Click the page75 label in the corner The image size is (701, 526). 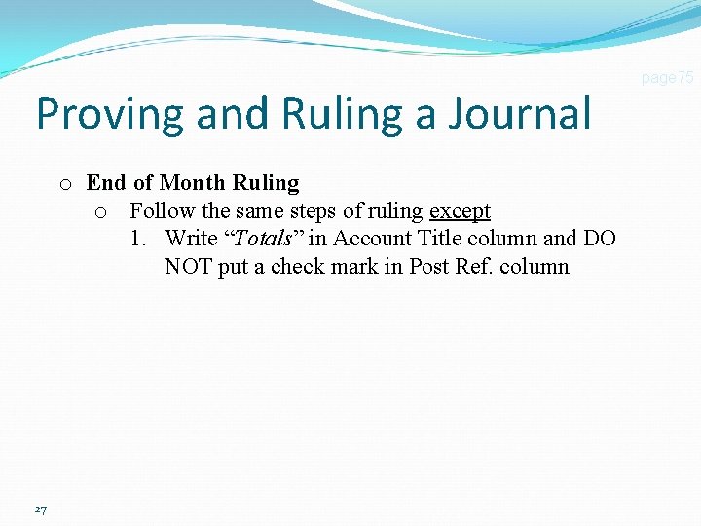pos(667,77)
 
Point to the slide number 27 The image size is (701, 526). pos(40,509)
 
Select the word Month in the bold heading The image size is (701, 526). pos(195,183)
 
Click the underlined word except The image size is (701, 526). pos(460,210)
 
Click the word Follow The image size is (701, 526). pos(163,210)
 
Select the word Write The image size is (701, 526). pos(191,239)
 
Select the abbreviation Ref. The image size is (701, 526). pos(474,267)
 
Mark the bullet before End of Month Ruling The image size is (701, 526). pos(64,184)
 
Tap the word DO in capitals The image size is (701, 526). pos(599,239)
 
